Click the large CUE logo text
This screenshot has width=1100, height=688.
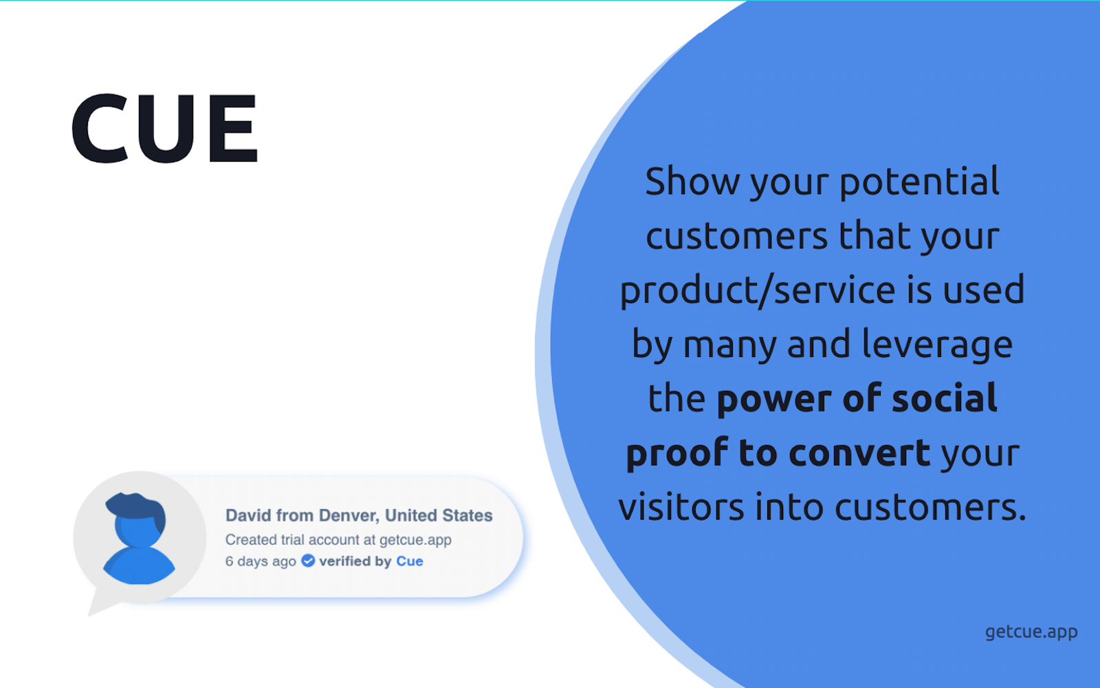pos(164,129)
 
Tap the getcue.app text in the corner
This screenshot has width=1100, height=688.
pos(1031,632)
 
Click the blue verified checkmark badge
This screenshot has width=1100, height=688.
pos(308,561)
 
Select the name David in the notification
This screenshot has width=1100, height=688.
pos(247,515)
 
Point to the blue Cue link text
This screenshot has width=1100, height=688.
pos(410,561)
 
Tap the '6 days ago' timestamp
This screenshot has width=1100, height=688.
pos(261,561)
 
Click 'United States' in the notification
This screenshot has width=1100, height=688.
pos(439,515)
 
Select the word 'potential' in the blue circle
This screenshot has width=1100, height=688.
pos(919,182)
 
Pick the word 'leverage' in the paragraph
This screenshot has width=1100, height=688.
pos(937,344)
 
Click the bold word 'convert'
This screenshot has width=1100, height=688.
pos(860,453)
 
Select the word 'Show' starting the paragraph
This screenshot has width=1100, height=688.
pos(692,182)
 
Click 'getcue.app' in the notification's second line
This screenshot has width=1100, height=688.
pos(415,540)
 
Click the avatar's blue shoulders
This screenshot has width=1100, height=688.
pos(139,568)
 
